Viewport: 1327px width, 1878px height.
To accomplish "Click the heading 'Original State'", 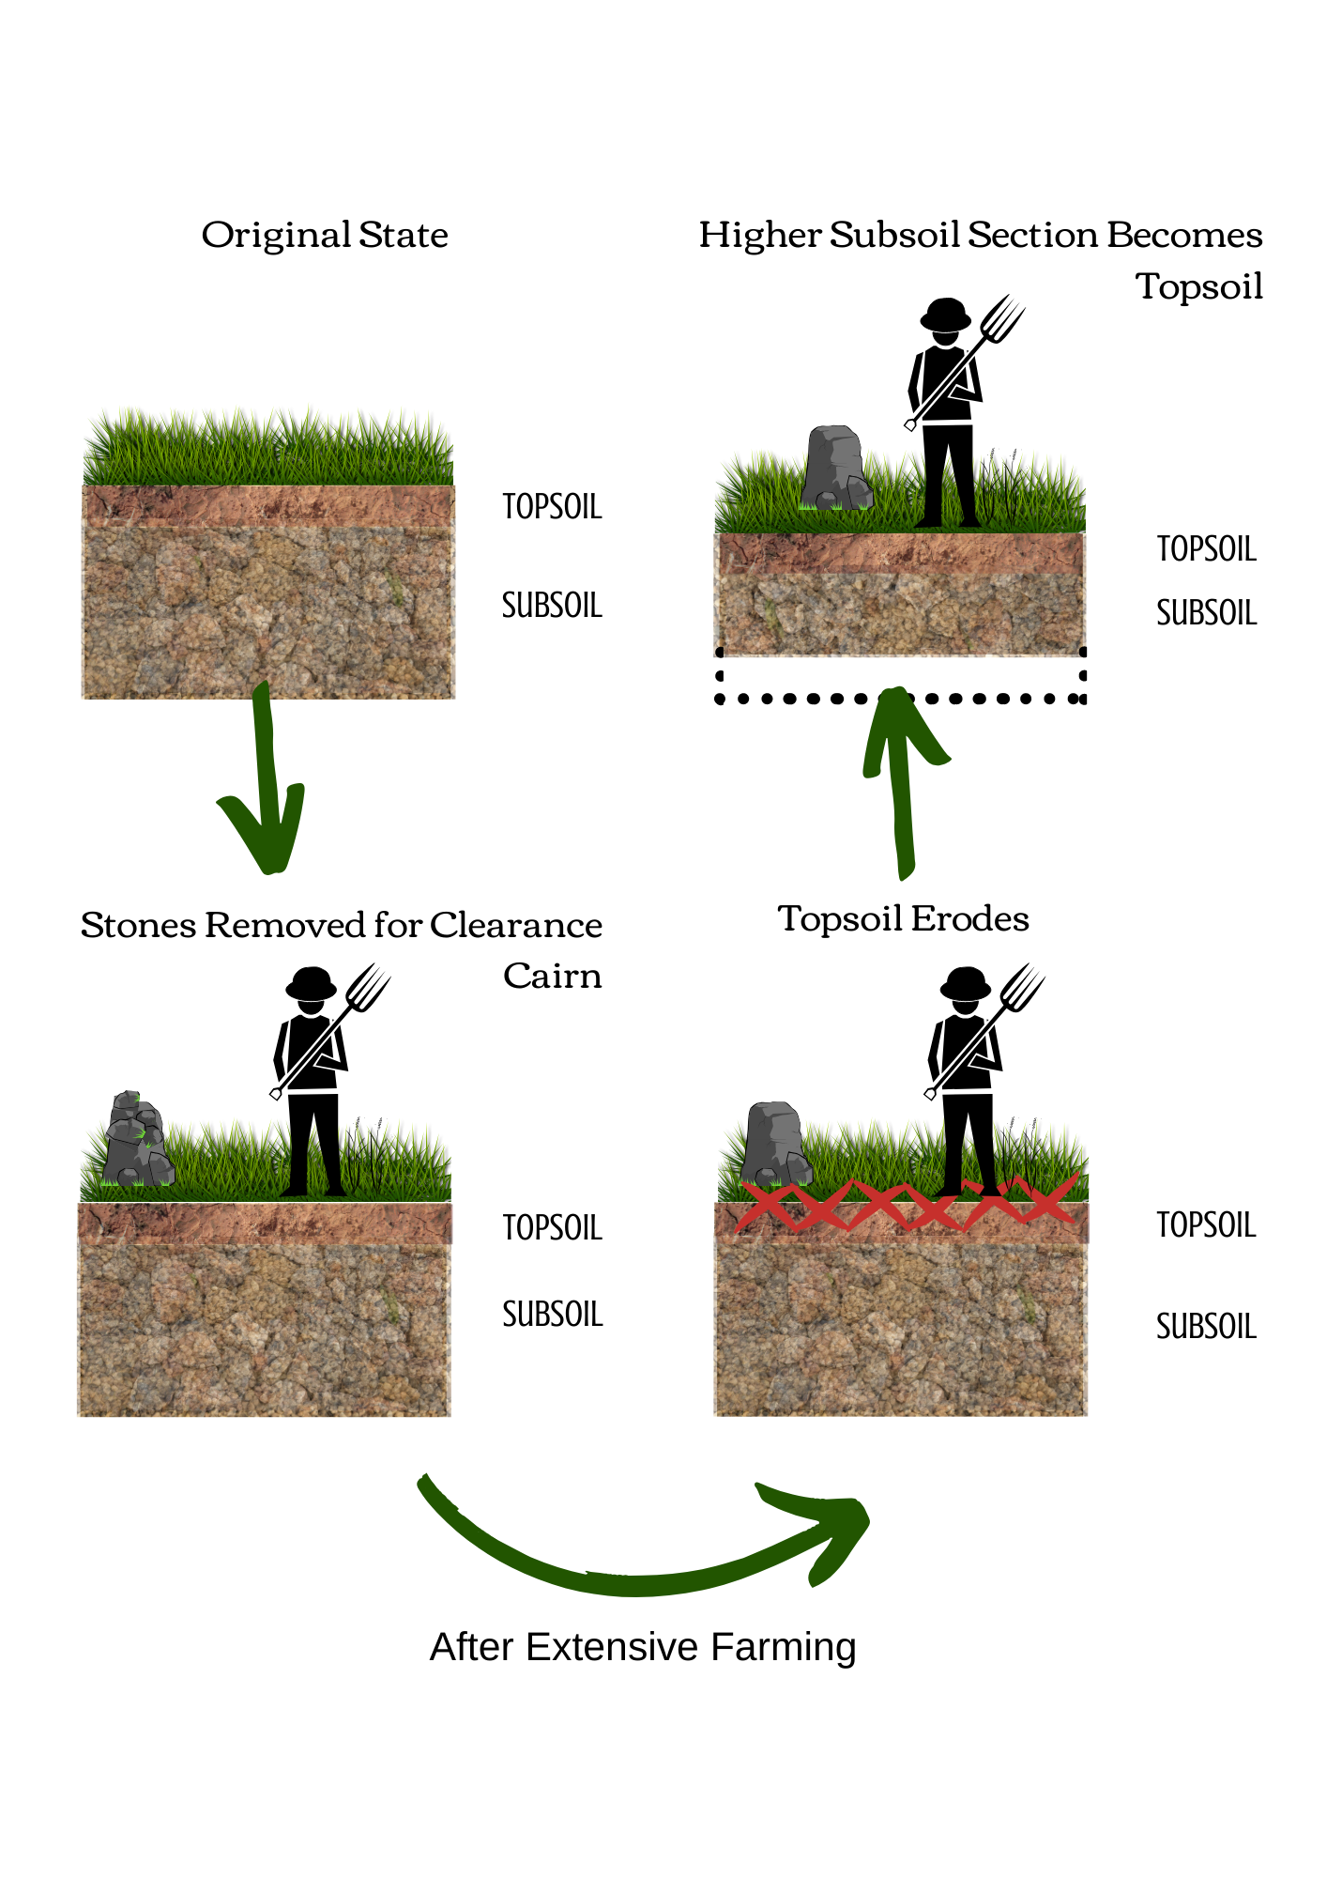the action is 325,235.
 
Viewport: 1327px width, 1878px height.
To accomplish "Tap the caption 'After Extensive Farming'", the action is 643,1647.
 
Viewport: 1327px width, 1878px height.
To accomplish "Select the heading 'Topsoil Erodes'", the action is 903,918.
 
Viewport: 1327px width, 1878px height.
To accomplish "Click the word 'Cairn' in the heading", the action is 553,976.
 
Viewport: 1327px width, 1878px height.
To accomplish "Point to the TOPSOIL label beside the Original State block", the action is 552,506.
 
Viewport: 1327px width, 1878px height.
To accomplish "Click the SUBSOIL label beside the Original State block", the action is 552,605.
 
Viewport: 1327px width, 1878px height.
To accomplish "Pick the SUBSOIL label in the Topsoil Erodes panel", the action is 1206,1326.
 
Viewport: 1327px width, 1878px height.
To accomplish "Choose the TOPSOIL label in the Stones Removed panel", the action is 552,1227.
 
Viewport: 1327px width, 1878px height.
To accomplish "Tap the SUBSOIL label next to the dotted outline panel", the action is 1206,612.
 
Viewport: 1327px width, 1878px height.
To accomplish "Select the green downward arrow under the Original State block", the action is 265,779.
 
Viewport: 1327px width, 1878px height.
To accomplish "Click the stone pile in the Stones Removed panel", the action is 137,1138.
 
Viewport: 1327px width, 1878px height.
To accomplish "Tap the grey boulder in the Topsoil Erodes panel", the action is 775,1144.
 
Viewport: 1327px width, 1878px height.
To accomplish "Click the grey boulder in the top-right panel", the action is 836,468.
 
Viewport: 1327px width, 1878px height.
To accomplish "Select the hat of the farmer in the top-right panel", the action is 945,314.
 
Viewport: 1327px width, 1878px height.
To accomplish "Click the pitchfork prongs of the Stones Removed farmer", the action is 368,986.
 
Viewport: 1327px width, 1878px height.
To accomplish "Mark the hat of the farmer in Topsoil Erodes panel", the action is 966,983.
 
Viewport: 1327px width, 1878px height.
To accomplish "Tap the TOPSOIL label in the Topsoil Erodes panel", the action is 1206,1224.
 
